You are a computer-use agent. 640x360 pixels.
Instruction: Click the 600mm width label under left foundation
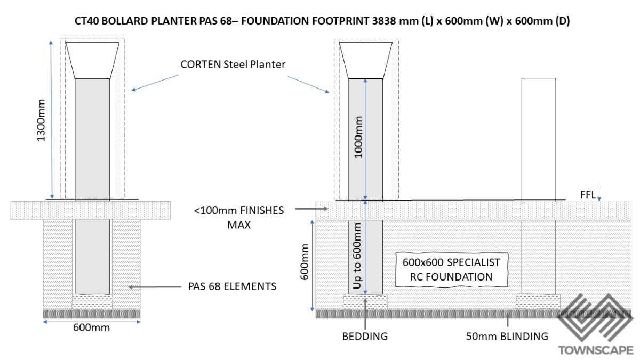(92, 327)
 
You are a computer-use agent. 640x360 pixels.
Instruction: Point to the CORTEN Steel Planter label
(233, 64)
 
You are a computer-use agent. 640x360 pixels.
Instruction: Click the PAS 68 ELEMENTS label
(232, 287)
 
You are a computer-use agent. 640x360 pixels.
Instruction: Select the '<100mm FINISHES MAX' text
(238, 217)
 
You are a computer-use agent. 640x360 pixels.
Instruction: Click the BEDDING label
(365, 337)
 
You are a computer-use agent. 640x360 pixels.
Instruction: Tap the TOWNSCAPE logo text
(595, 350)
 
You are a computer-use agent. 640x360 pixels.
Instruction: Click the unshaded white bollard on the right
(538, 139)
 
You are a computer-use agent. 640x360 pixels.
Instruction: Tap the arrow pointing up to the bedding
(365, 315)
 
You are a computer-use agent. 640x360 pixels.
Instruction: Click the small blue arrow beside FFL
(600, 193)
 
